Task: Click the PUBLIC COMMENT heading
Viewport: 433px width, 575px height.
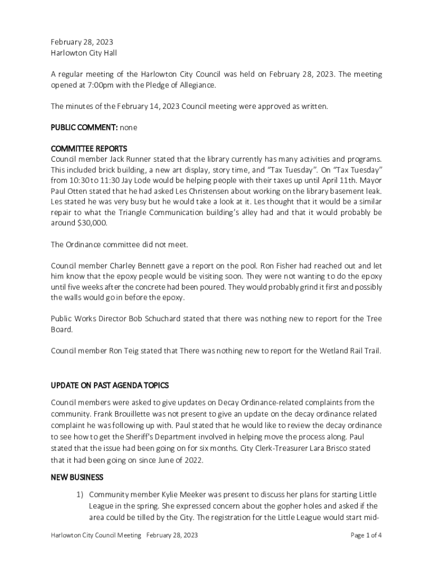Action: coord(84,127)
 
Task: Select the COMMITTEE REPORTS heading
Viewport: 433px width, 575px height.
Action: coord(89,149)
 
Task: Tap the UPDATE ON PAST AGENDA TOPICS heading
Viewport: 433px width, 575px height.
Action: coord(110,386)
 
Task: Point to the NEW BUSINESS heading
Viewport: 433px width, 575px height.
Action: coord(77,477)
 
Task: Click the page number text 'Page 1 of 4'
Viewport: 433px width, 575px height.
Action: coord(366,535)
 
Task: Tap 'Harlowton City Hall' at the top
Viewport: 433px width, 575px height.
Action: coord(84,53)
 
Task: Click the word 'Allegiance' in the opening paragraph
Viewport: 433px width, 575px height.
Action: coord(196,85)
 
